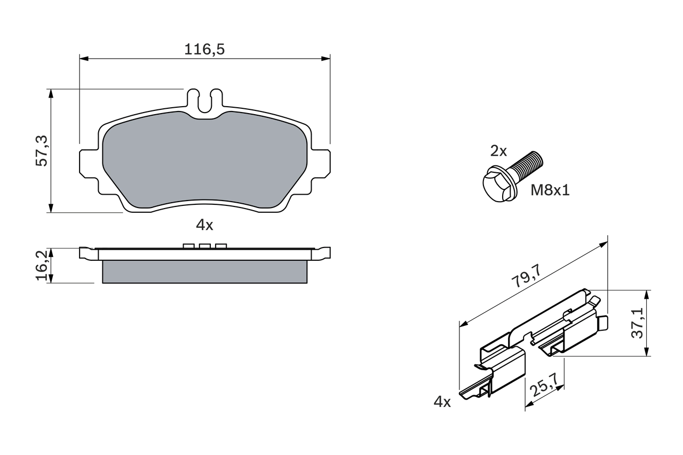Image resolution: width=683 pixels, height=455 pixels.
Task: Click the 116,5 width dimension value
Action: pos(204,50)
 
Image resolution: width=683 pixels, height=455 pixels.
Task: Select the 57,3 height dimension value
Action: pos(42,151)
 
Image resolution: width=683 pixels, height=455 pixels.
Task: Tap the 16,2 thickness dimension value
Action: pos(42,265)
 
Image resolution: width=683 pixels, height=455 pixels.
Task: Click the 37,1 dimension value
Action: pos(637,323)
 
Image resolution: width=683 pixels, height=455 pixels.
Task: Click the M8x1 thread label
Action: pos(550,190)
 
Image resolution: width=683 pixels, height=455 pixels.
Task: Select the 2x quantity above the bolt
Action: pos(498,151)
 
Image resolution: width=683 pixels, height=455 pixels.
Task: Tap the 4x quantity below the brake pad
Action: pos(204,225)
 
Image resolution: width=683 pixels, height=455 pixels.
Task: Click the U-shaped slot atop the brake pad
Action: pos(205,102)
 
